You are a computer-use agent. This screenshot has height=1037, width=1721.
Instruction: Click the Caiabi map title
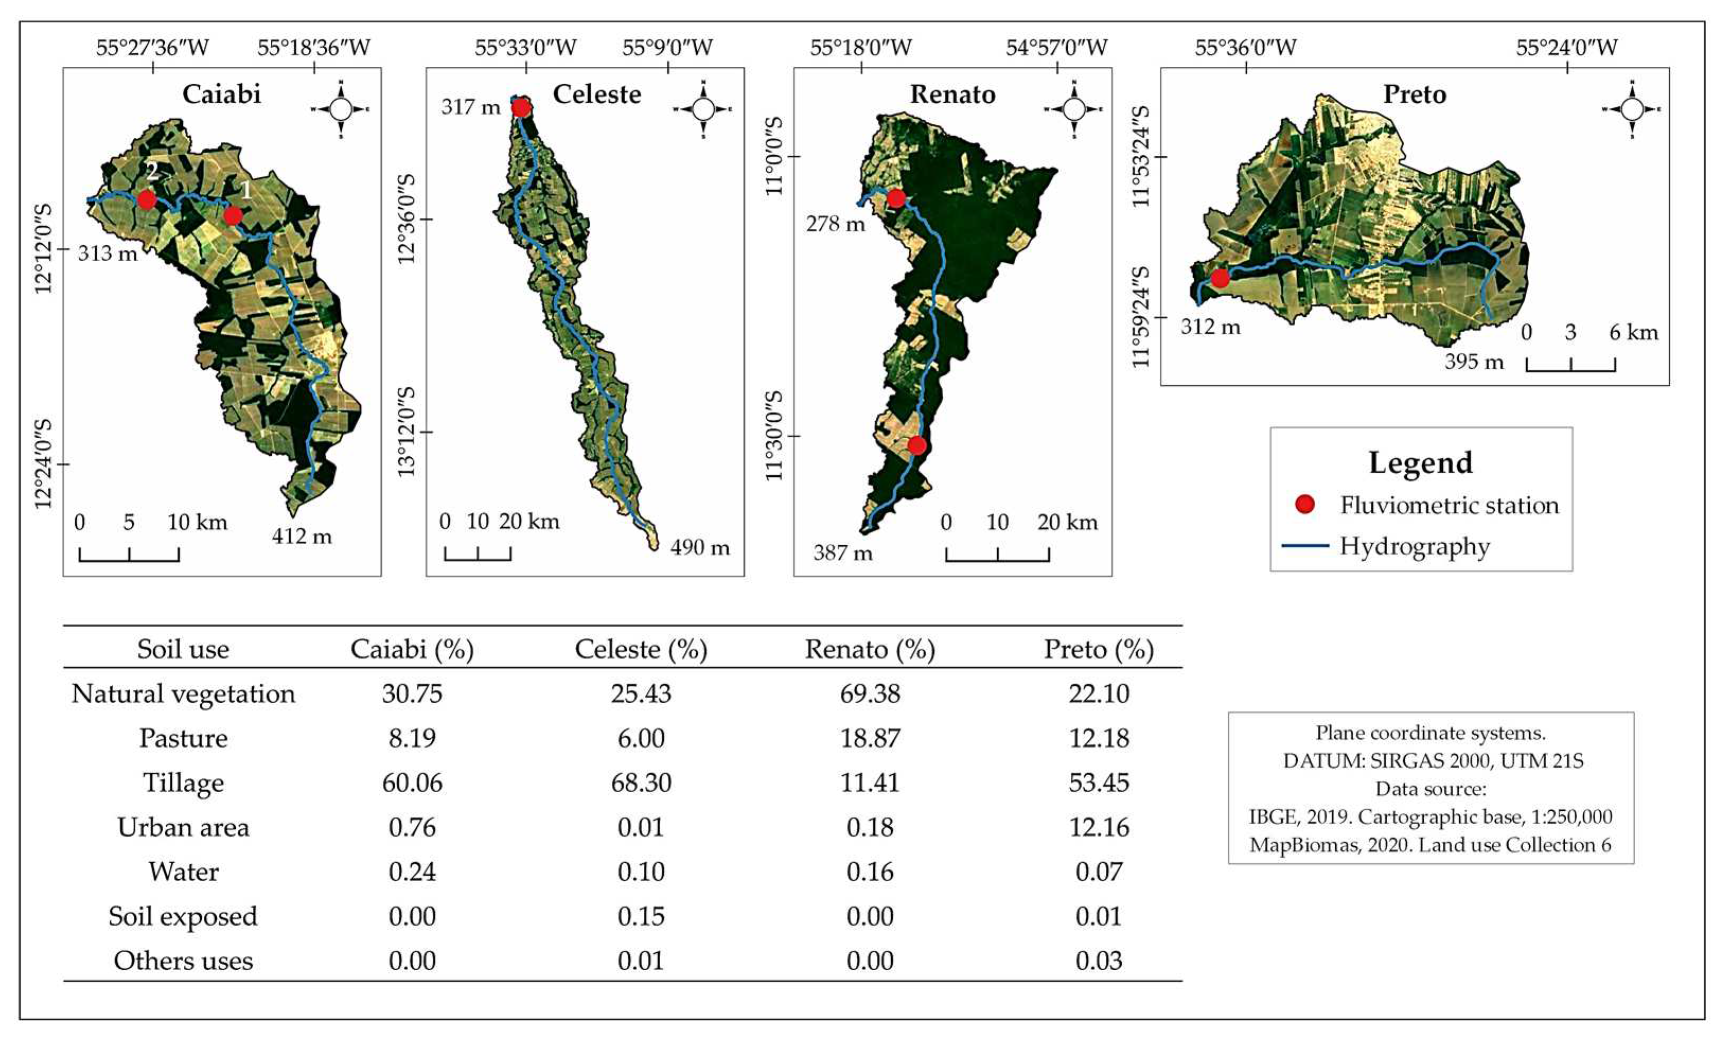(221, 94)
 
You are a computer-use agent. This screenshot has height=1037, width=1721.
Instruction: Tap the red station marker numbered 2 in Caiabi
(146, 199)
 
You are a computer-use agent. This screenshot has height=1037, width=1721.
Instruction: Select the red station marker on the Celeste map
(521, 108)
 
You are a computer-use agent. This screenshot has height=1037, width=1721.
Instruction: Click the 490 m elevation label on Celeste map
(700, 547)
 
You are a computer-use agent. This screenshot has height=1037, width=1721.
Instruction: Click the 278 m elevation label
(836, 224)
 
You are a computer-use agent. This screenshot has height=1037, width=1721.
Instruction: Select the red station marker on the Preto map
(1220, 278)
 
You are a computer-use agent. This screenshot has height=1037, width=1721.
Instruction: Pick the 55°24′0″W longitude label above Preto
(1567, 48)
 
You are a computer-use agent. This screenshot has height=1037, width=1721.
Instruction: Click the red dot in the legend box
(1305, 504)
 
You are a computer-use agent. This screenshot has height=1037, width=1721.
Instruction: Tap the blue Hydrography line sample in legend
(1305, 545)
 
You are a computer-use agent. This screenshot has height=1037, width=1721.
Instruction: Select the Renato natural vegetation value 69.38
(870, 694)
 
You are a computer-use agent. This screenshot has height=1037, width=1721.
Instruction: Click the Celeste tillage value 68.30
(641, 782)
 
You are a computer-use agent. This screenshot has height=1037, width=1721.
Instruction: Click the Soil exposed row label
(183, 916)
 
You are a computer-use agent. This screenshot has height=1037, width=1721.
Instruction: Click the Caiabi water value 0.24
(412, 872)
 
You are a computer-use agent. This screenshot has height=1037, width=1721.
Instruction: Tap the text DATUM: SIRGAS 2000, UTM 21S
(1433, 760)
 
